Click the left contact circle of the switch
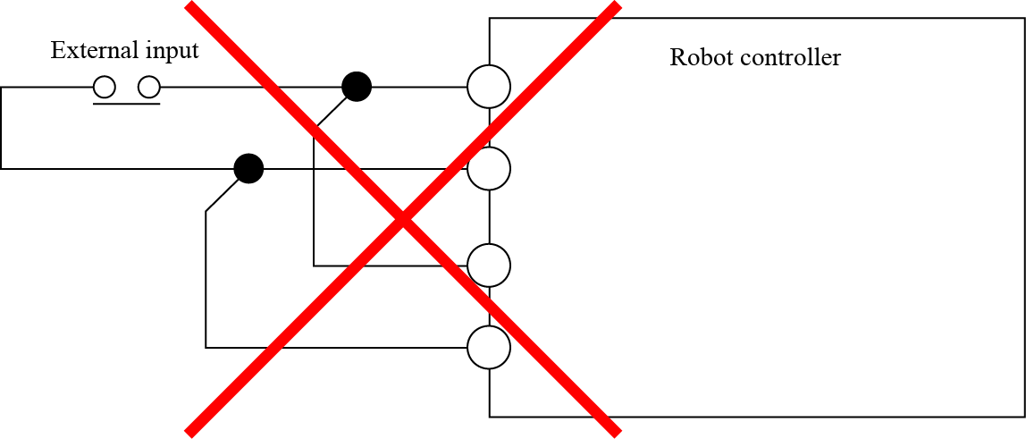(105, 87)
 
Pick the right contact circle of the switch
(149, 87)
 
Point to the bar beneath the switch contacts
(127, 104)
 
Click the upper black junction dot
(357, 87)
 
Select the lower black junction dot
(248, 168)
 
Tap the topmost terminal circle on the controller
(489, 87)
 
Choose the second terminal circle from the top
(489, 168)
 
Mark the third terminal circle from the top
(489, 266)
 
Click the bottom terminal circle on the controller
(489, 347)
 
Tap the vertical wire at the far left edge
(2, 127)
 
